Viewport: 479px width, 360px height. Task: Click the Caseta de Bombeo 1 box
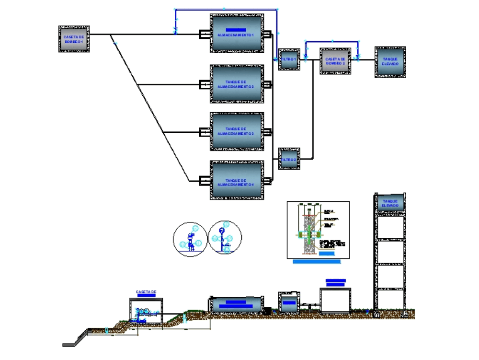74,39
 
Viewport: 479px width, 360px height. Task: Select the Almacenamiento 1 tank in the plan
237,33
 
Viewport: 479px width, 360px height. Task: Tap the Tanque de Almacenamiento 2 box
237,84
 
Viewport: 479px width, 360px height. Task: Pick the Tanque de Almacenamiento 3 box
237,131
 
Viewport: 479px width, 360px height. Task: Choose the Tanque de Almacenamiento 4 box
237,180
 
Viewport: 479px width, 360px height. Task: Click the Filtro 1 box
289,59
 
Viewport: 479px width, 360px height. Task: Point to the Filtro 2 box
289,159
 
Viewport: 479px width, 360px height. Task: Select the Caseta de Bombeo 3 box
335,60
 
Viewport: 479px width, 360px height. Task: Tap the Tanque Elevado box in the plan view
390,62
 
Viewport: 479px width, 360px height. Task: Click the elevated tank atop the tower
390,203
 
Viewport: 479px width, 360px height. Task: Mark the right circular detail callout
225,237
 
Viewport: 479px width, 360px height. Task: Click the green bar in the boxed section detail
310,234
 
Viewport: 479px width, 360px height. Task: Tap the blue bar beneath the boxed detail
317,262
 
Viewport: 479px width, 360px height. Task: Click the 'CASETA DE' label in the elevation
146,291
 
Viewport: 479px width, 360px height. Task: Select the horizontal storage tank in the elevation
237,304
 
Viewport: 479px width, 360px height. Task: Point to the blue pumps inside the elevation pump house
144,312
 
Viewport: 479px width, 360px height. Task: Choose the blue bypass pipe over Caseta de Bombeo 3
332,42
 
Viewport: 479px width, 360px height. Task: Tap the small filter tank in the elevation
289,302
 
